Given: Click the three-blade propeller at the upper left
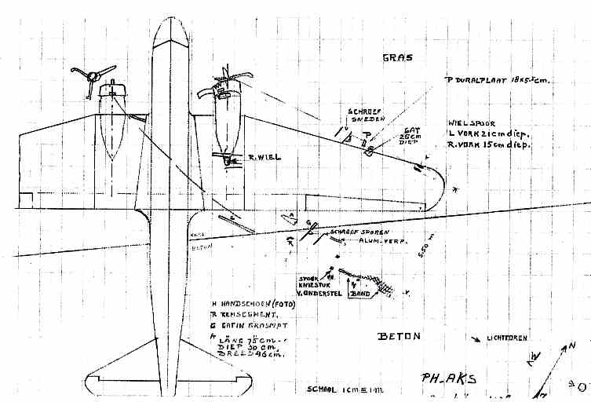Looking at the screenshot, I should coord(88,76).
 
